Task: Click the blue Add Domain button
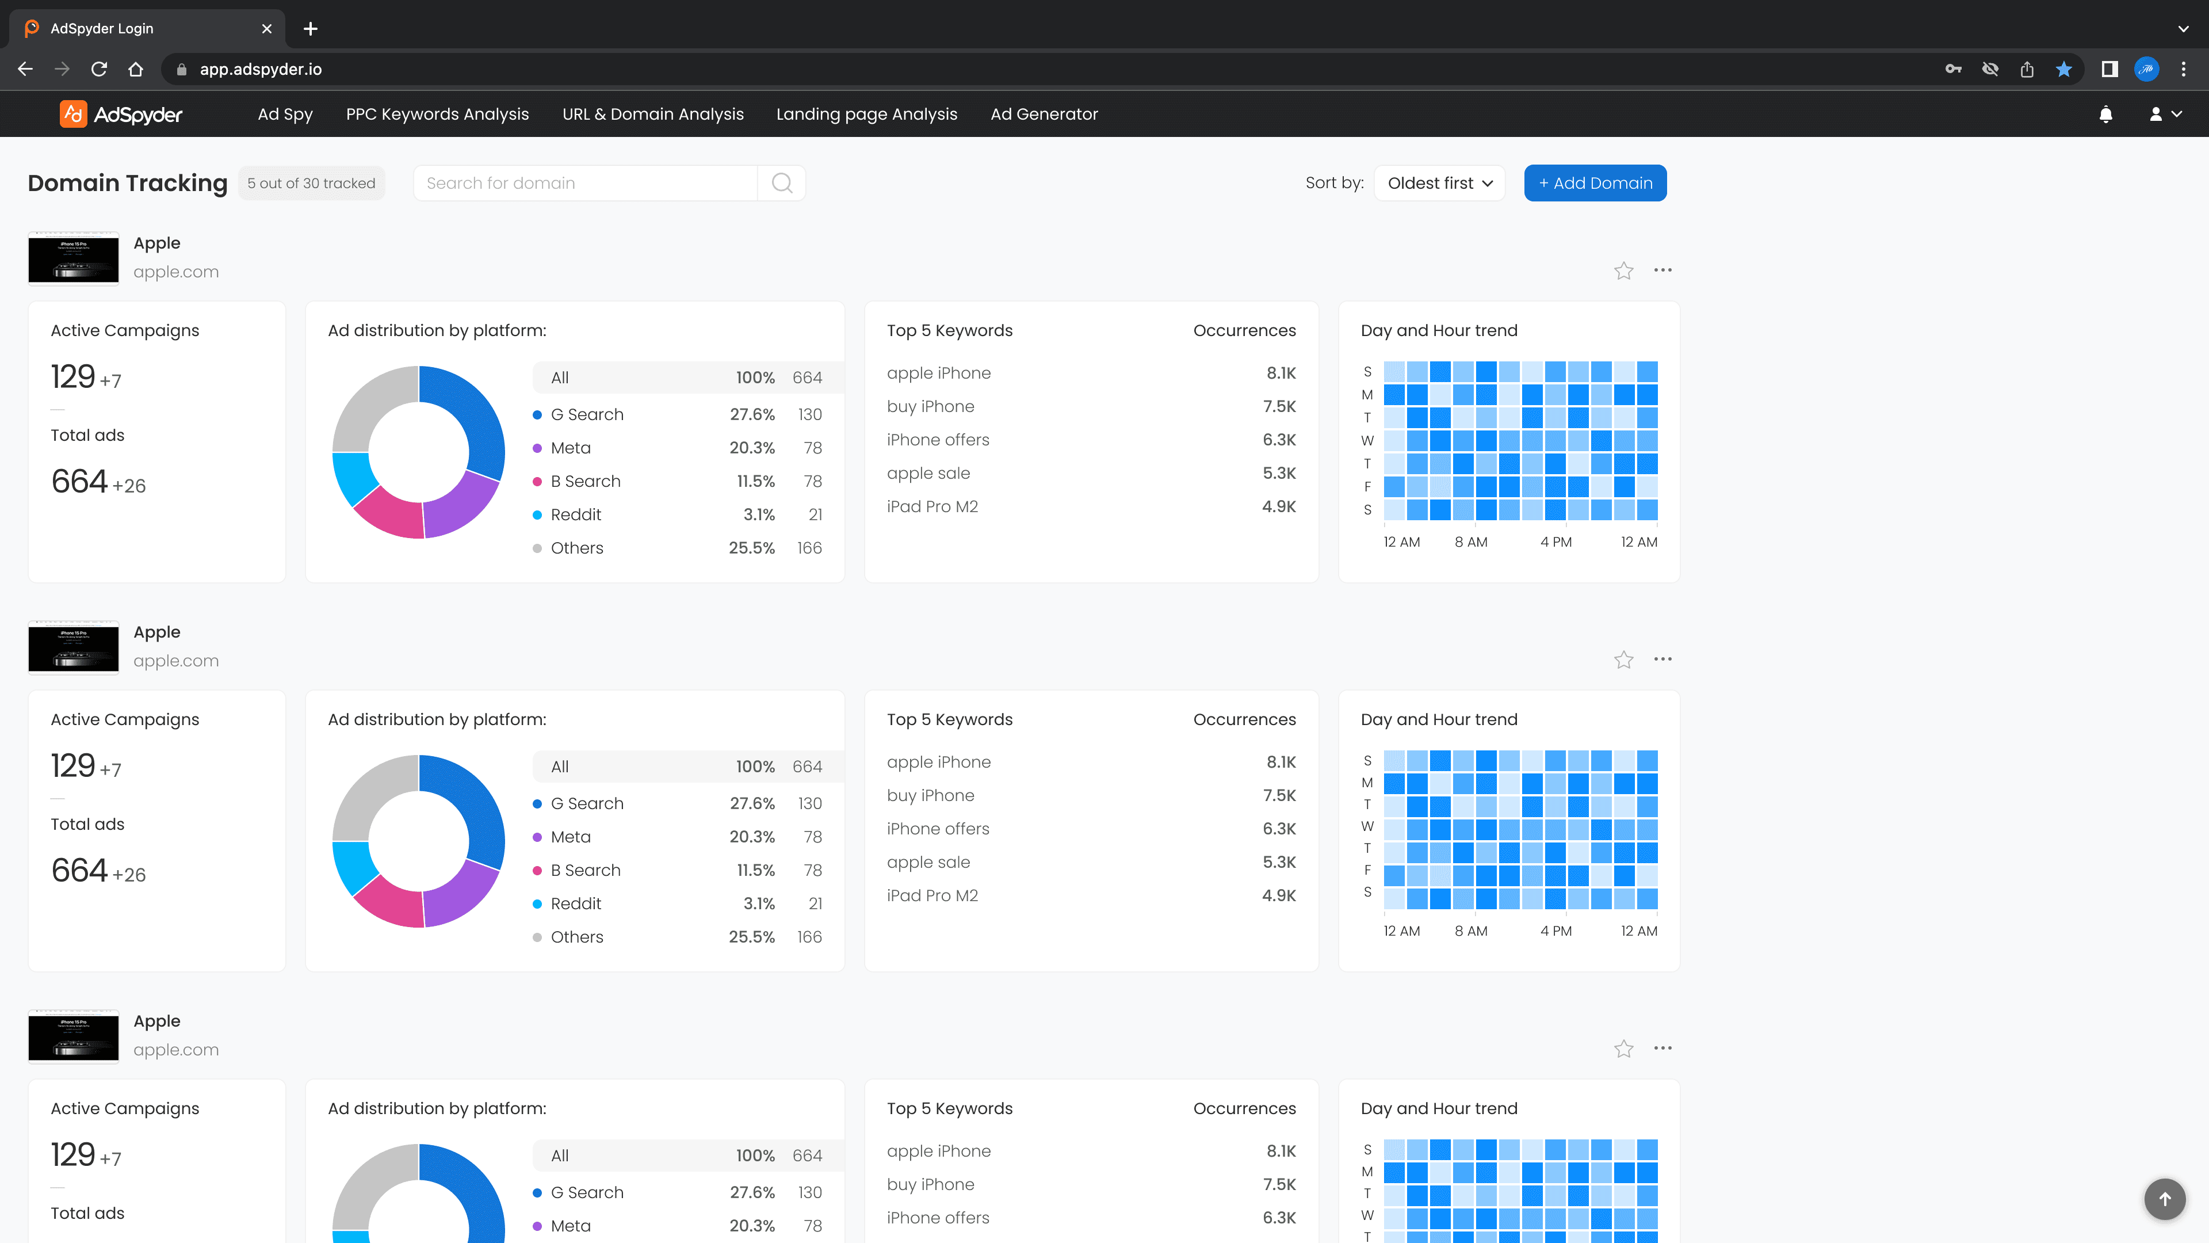1595,183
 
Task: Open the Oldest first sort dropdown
1439,183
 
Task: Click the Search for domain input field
586,183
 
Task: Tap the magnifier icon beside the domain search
781,183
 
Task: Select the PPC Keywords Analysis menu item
437,114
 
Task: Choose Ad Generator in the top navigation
1044,114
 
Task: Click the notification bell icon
2105,114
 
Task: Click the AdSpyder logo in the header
121,114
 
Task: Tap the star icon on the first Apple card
1623,271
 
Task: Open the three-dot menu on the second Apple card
1663,659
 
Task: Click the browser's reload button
100,68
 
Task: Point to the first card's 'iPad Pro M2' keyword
932,506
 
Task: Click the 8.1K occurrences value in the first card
1281,373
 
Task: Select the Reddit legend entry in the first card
575,514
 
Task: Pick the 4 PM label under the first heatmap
1556,542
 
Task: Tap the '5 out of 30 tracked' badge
311,183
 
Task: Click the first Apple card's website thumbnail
74,258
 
